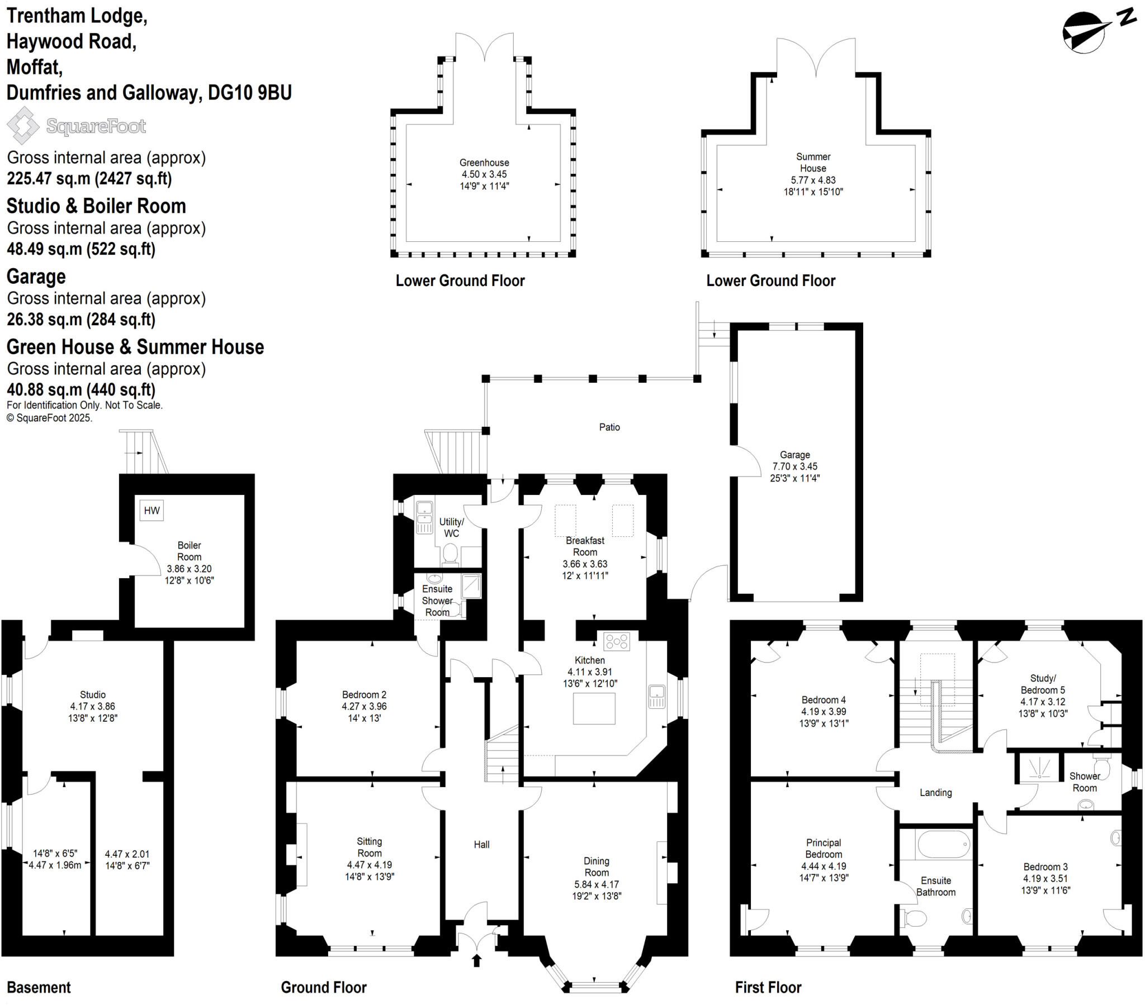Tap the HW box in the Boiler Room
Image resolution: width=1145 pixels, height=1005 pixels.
point(152,510)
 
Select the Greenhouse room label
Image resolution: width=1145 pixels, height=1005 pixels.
point(484,163)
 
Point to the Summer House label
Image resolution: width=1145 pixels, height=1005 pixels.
point(813,163)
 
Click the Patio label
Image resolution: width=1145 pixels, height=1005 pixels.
point(609,427)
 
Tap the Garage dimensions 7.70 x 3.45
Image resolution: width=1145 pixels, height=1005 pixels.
point(794,466)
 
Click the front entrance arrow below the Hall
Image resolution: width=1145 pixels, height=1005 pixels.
point(477,961)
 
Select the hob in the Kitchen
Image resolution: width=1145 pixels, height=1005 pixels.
point(616,642)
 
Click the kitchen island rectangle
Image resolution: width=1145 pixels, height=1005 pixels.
point(594,708)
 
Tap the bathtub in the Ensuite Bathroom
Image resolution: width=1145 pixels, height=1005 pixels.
point(943,844)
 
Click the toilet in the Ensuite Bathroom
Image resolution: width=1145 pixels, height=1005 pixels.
point(914,918)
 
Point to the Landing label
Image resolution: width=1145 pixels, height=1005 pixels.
point(935,792)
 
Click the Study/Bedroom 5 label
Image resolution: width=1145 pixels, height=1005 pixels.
point(1043,684)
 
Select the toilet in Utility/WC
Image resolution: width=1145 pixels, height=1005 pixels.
point(450,554)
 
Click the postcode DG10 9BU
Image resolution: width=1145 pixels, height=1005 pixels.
point(250,92)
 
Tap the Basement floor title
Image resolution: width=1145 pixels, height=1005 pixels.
point(39,987)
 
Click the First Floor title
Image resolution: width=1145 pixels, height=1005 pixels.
point(768,987)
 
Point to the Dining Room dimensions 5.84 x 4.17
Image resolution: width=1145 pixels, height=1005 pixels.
point(597,885)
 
